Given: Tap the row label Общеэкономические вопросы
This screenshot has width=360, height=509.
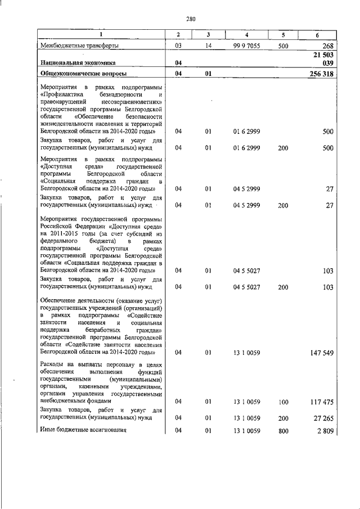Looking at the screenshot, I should point(84,74).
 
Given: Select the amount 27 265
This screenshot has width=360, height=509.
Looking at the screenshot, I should point(322,418).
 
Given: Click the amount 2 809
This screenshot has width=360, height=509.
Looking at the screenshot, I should point(324,431).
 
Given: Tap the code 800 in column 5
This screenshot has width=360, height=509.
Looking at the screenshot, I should point(283,431).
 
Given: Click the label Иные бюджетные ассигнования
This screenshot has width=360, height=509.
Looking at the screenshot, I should point(83,431).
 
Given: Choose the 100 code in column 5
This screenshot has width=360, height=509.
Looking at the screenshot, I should point(283,402).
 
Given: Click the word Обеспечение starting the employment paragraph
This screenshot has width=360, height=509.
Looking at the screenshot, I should point(59,301).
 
